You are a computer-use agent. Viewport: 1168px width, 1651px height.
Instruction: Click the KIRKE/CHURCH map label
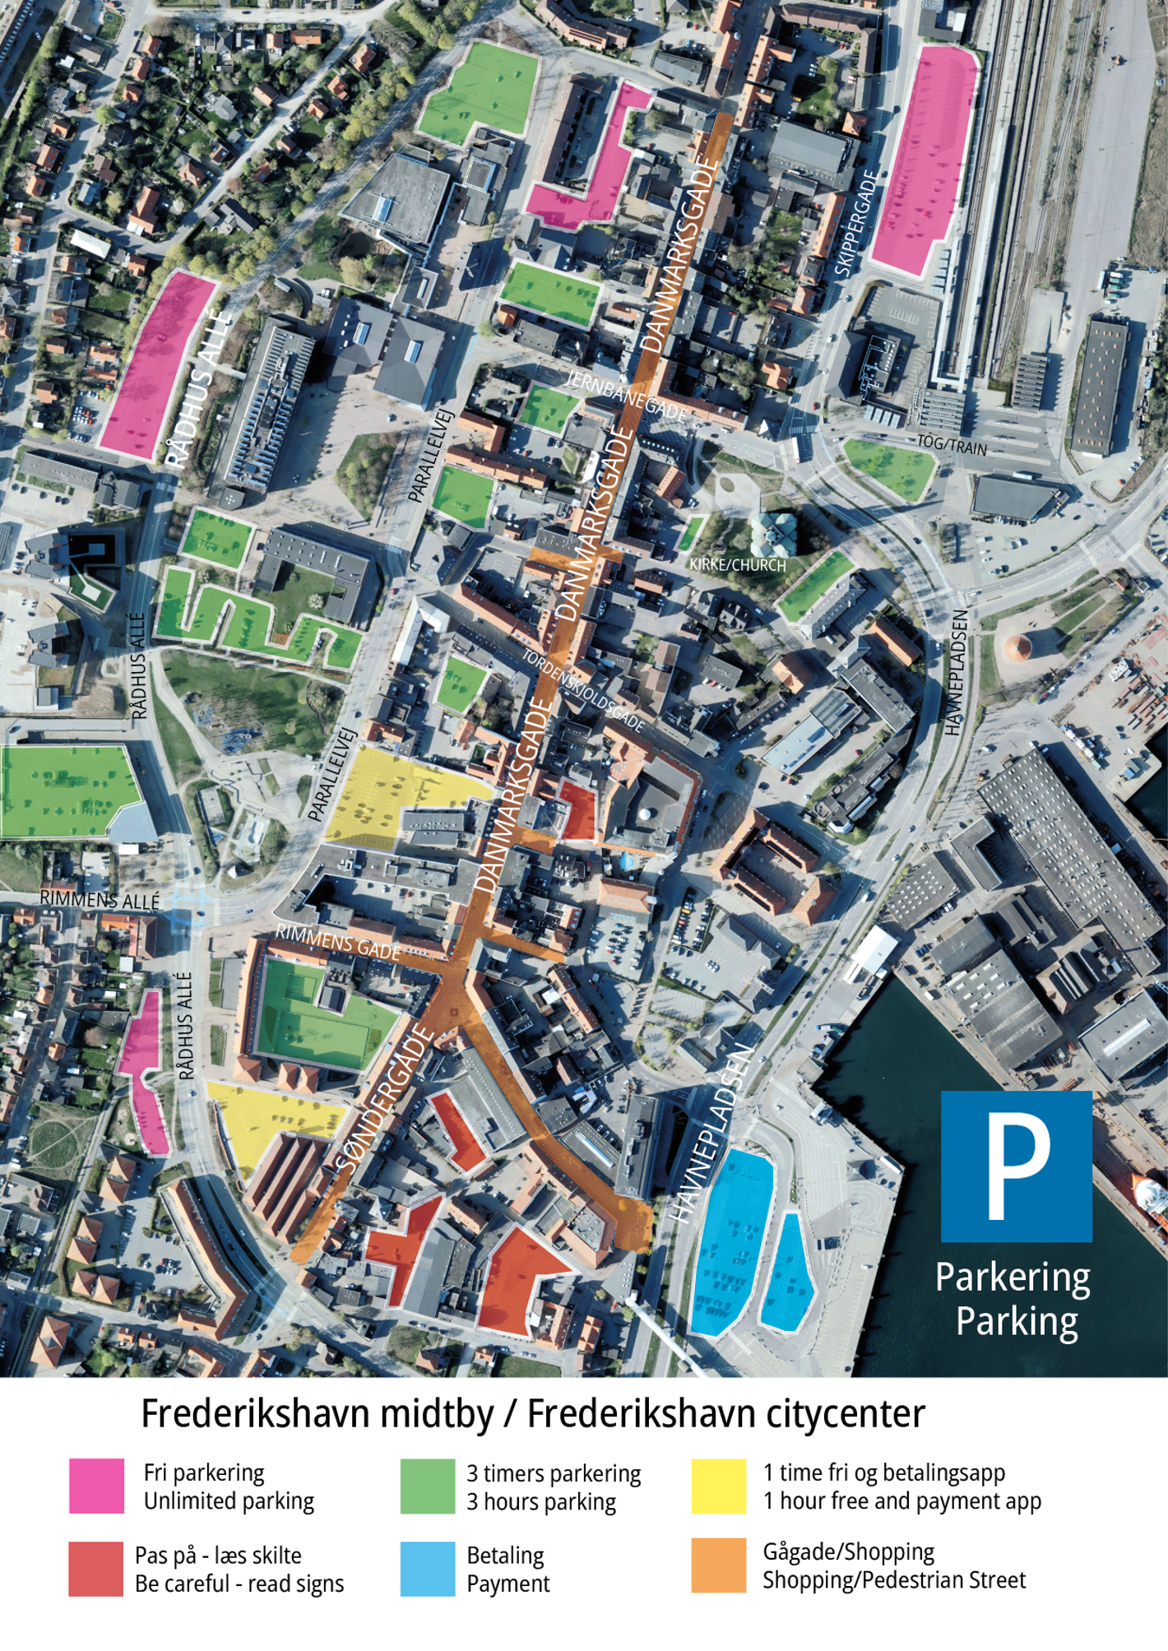coord(738,565)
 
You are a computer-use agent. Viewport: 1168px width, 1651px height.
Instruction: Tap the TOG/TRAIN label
coord(952,444)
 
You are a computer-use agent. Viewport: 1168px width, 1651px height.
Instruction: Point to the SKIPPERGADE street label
coord(856,222)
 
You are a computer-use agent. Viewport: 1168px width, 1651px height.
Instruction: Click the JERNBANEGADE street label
coord(626,394)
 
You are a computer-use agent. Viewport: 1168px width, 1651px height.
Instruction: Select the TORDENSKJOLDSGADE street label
coord(583,691)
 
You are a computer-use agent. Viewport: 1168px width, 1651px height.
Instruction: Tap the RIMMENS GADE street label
coord(337,941)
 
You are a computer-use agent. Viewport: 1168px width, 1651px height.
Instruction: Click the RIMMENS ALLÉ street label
coord(100,899)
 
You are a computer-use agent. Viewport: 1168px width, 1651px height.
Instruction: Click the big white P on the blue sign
coord(1017,1166)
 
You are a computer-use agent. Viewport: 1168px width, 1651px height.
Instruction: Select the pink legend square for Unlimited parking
coord(96,1486)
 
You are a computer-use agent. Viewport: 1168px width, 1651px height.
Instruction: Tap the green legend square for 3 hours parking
coord(427,1486)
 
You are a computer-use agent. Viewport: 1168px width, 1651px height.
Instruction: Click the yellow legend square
coord(718,1486)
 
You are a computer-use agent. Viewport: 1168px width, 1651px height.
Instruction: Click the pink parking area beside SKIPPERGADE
coord(924,160)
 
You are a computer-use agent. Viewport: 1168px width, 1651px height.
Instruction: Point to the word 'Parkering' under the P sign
coord(1013,1278)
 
